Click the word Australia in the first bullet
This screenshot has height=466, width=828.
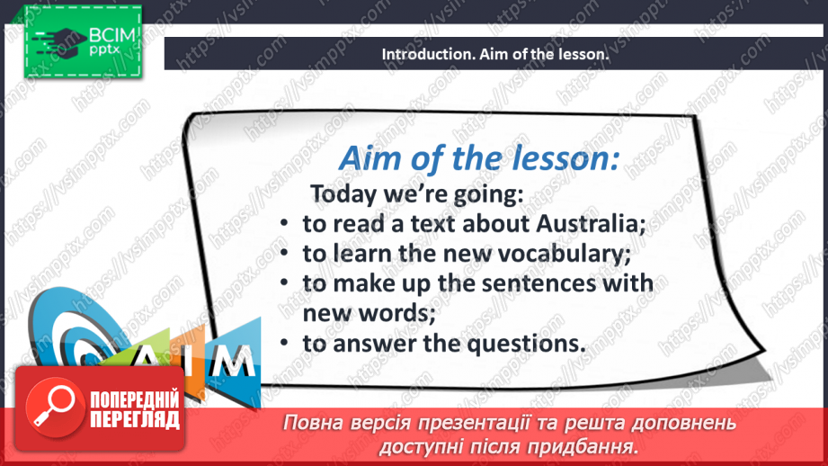tap(591, 223)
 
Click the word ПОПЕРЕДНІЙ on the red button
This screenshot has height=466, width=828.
tap(135, 400)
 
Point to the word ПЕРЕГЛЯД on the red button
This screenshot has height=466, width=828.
tap(135, 420)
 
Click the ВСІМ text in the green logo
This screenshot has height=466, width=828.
tap(112, 36)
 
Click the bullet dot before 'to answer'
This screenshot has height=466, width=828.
tap(284, 344)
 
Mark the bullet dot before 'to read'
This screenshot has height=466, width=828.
tap(284, 223)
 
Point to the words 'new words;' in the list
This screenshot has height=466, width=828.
tap(369, 313)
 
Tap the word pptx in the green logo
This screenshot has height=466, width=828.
tap(104, 50)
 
